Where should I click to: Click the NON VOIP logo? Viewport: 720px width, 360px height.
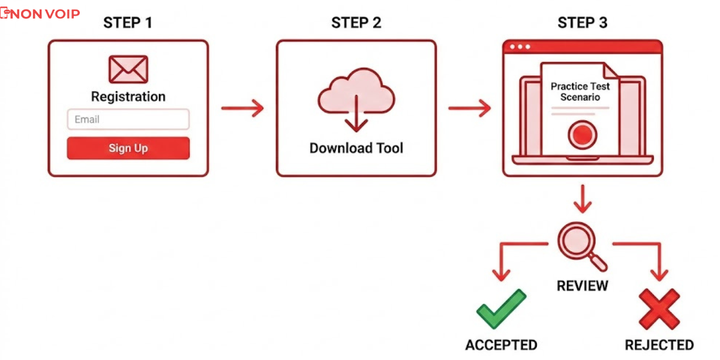click(40, 14)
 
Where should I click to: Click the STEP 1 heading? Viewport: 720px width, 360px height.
click(128, 23)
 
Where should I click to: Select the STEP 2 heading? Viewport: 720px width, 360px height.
click(356, 23)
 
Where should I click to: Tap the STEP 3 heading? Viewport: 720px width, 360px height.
click(582, 23)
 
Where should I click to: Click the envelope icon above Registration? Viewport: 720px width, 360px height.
click(128, 69)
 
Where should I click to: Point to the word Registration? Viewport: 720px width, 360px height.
click(128, 97)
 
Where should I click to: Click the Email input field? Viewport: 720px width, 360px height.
click(128, 119)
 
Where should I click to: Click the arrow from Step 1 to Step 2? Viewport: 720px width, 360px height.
click(242, 109)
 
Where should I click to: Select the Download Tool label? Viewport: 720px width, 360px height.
click(356, 148)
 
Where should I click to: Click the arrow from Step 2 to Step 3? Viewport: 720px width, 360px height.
click(469, 109)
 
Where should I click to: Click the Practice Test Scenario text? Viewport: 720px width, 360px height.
click(580, 92)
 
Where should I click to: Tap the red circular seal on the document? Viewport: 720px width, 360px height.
click(580, 134)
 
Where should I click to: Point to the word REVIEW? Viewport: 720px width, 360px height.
click(582, 286)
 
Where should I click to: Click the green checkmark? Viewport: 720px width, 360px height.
click(501, 309)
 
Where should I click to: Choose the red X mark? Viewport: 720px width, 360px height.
click(659, 309)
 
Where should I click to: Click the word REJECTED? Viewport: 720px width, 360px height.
click(659, 345)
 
